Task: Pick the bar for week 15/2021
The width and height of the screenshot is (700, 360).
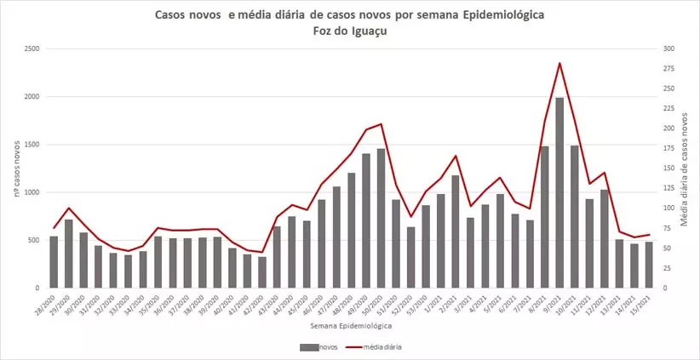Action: point(649,265)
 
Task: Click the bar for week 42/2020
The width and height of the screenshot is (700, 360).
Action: point(261,272)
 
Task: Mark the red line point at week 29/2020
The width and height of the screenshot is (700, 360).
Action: point(69,208)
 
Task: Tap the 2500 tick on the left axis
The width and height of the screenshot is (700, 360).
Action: point(32,49)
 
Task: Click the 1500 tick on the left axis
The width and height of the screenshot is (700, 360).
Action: point(32,145)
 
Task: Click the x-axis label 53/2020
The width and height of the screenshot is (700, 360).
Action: point(422,305)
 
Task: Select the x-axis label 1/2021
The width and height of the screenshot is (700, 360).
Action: point(438,303)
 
